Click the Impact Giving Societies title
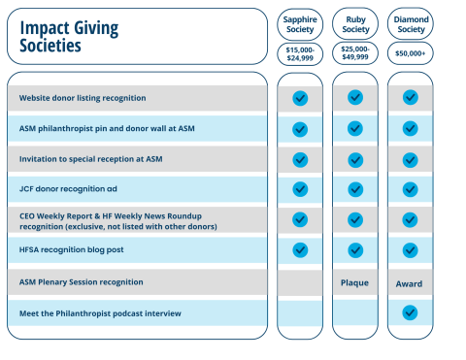pyautogui.click(x=69, y=36)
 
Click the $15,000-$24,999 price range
pyautogui.click(x=300, y=53)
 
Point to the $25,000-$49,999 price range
pyautogui.click(x=355, y=53)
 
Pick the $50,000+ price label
pyautogui.click(x=411, y=53)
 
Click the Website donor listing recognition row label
pyautogui.click(x=83, y=98)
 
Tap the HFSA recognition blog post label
pyautogui.click(x=72, y=250)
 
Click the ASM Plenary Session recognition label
pyautogui.click(x=81, y=282)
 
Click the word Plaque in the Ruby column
pyautogui.click(x=355, y=283)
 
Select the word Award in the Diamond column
pyautogui.click(x=410, y=283)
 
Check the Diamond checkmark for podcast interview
pyautogui.click(x=410, y=312)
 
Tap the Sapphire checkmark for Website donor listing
pyautogui.click(x=300, y=98)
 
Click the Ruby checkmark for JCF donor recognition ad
pyautogui.click(x=355, y=189)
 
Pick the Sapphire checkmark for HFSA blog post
pyautogui.click(x=300, y=250)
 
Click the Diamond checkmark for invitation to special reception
pyautogui.click(x=410, y=159)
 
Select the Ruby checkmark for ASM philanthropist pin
pyautogui.click(x=355, y=128)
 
